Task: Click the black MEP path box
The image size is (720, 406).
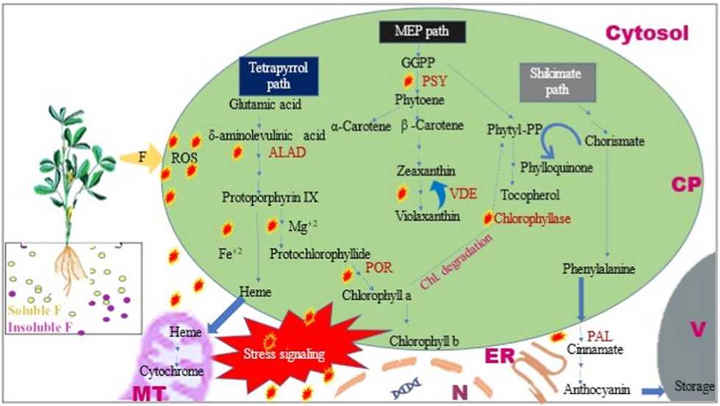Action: [x=424, y=31]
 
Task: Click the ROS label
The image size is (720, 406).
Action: [x=183, y=157]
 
